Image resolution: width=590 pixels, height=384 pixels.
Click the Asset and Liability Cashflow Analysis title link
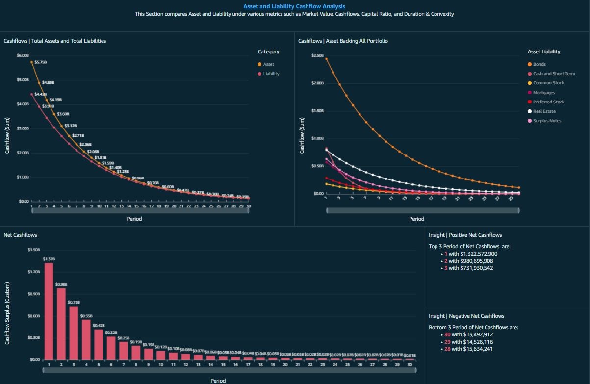294,6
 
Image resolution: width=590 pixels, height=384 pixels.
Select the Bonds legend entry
539,64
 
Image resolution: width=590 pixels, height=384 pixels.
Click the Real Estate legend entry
544,111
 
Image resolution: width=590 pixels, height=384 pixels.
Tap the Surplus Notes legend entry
547,121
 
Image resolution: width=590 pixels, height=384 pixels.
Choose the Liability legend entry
271,74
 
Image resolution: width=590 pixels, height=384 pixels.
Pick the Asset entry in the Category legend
268,64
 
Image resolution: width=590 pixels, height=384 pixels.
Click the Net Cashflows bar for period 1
49,311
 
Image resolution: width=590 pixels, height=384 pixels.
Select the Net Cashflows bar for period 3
74,333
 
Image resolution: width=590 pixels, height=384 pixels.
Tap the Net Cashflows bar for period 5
99,344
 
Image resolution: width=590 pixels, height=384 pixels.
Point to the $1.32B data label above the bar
49,258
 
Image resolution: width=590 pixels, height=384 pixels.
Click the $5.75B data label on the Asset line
41,62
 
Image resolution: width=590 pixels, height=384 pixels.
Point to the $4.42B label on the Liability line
41,94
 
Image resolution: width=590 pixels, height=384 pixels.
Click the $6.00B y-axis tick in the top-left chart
23,55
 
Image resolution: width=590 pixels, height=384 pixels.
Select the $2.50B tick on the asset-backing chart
317,55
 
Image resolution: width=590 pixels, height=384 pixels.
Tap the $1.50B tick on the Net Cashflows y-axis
34,250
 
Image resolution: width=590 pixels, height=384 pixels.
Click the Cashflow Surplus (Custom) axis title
7,312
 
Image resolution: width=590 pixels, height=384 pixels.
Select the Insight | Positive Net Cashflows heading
465,235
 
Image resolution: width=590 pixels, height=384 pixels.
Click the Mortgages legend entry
543,93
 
